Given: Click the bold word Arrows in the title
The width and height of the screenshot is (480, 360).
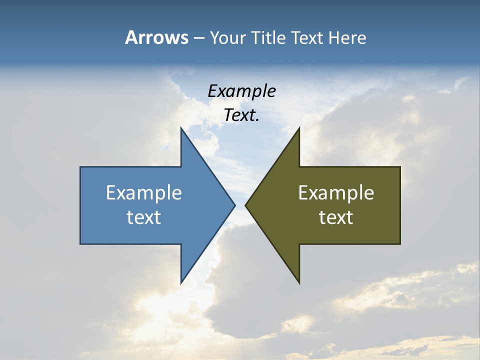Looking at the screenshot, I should (156, 37).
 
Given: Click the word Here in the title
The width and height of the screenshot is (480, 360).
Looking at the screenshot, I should (347, 37).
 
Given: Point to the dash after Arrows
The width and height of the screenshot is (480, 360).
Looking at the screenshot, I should (198, 38).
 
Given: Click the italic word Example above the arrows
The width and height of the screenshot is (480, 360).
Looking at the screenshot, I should (241, 91).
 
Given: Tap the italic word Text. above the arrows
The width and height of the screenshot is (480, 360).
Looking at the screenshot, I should (241, 115).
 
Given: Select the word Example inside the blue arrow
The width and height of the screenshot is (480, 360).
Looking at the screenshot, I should (144, 193).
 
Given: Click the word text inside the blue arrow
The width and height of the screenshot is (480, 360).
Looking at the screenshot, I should (144, 217).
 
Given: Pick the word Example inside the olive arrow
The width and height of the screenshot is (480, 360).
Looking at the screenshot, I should (336, 193).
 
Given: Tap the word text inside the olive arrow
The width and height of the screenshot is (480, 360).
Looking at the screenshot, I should (336, 217).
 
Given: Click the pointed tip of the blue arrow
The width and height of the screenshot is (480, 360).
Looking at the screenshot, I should (234, 205).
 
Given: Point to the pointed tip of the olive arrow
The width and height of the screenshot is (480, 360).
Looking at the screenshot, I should (246, 205).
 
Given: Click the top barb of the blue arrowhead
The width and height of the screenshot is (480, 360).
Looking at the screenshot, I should (181, 129).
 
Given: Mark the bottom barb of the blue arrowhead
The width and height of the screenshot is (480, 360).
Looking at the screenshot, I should (181, 282).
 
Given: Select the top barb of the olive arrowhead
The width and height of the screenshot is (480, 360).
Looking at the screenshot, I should (298, 129).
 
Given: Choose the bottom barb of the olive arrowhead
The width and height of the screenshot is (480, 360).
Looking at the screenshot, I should (298, 282).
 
